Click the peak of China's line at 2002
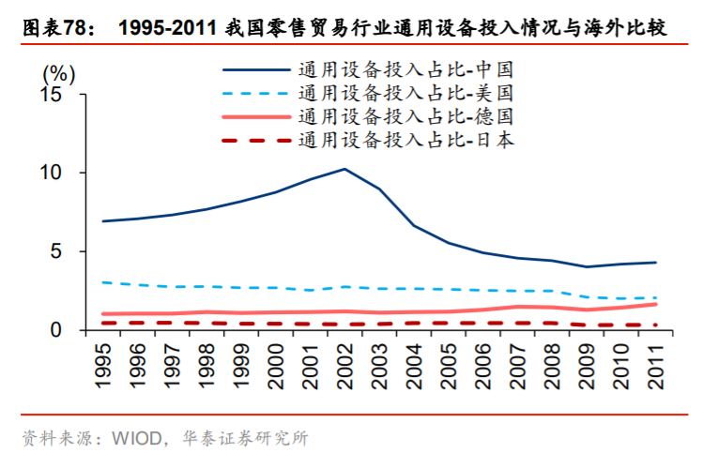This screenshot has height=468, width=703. (344, 169)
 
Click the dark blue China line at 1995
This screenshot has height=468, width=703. (104, 221)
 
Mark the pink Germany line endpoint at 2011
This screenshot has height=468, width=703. (655, 304)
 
